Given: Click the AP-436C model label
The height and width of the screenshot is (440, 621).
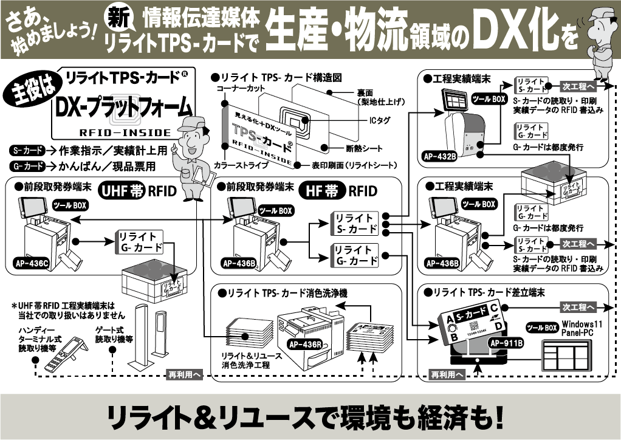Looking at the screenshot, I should point(30,264).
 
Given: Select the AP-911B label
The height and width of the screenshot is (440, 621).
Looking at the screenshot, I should point(505,343).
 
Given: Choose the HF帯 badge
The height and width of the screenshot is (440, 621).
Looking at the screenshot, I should point(322,191).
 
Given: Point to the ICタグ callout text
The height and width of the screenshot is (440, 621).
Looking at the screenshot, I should point(380,121).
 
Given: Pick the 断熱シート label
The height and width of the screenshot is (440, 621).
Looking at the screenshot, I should point(364,148).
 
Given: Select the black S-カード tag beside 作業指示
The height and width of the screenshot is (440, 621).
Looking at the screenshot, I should point(27,150).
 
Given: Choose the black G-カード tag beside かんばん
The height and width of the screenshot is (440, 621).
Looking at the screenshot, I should point(27,166).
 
